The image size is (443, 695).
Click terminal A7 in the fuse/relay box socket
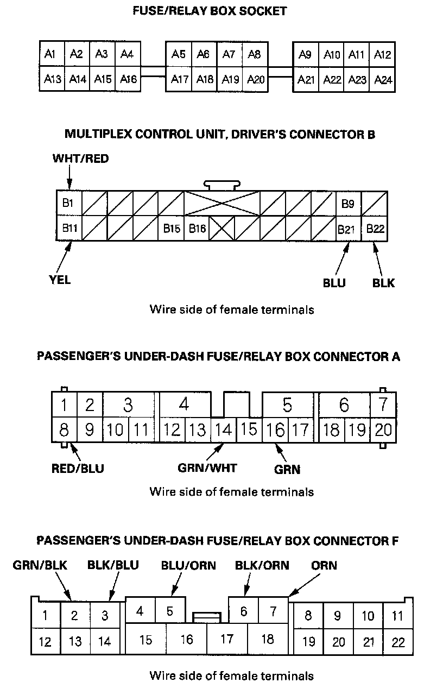(x=229, y=54)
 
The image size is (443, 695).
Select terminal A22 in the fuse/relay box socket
(x=332, y=80)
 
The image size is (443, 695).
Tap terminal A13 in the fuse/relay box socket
(x=52, y=79)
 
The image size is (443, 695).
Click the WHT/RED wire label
(x=80, y=159)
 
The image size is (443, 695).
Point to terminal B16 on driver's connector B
(x=197, y=229)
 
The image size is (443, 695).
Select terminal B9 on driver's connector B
(x=348, y=204)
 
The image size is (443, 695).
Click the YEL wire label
(x=59, y=280)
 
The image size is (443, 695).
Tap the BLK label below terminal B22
(x=383, y=283)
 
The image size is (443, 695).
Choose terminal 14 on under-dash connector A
(x=223, y=430)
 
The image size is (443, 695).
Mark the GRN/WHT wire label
(x=208, y=467)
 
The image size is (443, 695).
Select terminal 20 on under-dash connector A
(x=383, y=430)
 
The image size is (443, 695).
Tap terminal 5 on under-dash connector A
(x=287, y=405)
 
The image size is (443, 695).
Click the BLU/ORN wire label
(x=188, y=565)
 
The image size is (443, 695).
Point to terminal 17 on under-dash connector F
(x=227, y=639)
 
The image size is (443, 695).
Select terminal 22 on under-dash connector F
(x=398, y=642)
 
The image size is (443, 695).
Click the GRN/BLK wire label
(x=40, y=565)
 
